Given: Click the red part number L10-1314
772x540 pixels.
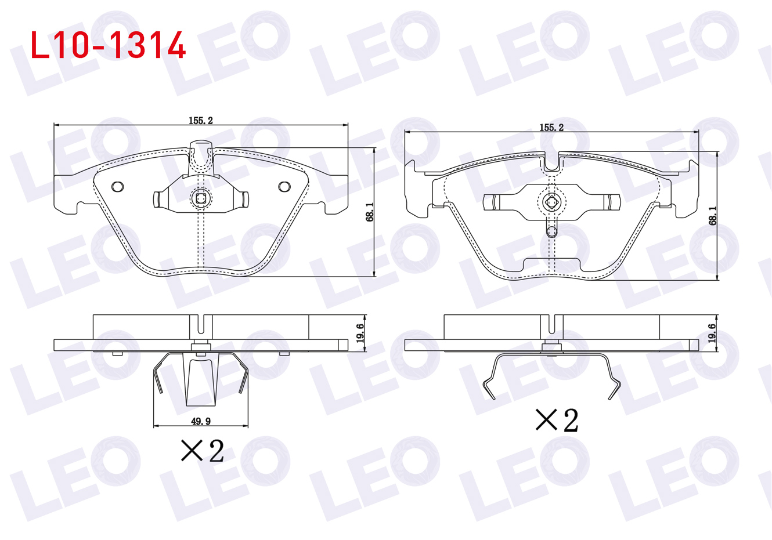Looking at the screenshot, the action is (x=108, y=45).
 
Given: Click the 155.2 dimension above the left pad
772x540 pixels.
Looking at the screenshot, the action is (x=201, y=121).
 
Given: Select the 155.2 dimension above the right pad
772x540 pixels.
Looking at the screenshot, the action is (x=551, y=128).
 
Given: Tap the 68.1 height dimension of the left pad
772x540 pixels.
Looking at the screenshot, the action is (x=370, y=212).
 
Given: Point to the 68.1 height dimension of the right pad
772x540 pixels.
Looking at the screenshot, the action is (x=713, y=216).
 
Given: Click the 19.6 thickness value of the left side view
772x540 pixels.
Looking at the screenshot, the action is (x=360, y=333).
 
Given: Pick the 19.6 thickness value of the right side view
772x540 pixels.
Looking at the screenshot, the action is (x=712, y=333).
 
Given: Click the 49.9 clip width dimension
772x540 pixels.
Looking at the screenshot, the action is (x=201, y=421).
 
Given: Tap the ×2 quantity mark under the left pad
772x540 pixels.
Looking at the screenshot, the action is (x=203, y=451).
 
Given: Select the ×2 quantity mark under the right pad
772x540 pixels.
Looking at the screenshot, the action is (x=557, y=420).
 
